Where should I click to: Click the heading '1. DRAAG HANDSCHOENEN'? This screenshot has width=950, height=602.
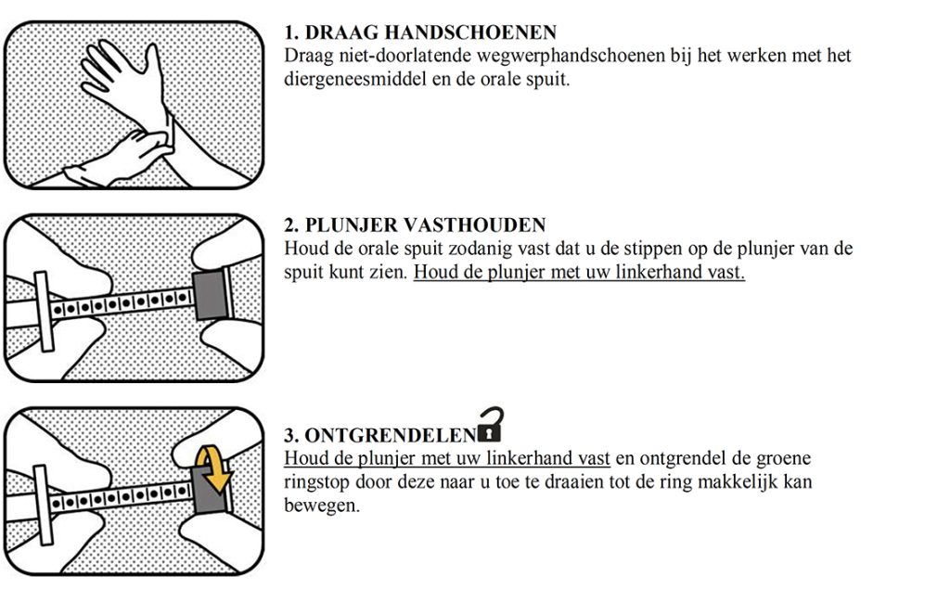(x=420, y=34)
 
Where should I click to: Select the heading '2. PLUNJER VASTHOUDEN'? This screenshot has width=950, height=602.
(x=415, y=225)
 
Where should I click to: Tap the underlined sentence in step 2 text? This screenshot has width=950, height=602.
(x=579, y=274)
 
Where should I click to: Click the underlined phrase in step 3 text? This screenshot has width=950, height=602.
(x=446, y=459)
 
